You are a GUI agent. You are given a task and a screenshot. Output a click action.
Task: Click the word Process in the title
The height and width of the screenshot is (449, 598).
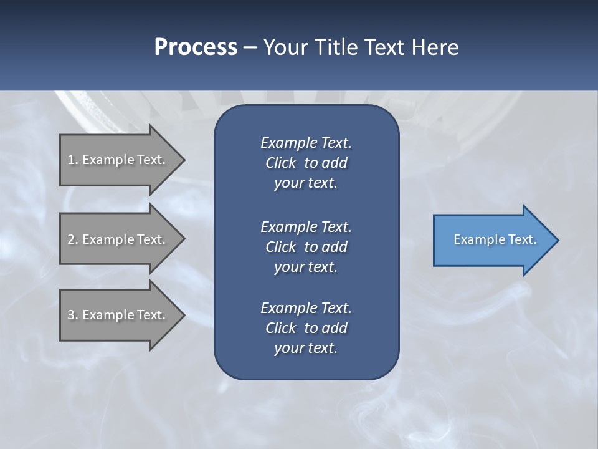click(x=196, y=47)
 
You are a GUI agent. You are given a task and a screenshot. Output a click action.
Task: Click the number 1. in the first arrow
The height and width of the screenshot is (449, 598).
click(x=73, y=160)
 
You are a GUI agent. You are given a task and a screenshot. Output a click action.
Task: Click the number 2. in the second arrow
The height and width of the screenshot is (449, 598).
click(x=73, y=239)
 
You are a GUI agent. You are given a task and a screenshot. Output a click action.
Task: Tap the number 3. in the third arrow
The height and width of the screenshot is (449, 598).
click(x=73, y=315)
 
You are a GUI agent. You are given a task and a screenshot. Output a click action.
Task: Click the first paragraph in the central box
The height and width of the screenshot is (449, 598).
click(x=306, y=163)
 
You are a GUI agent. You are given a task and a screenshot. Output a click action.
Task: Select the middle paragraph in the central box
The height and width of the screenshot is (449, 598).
click(x=306, y=246)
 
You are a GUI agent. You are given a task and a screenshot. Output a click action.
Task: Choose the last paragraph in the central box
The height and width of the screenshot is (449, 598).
click(x=306, y=328)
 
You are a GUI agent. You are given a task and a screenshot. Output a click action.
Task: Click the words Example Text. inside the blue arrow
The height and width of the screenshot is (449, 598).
click(x=495, y=239)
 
